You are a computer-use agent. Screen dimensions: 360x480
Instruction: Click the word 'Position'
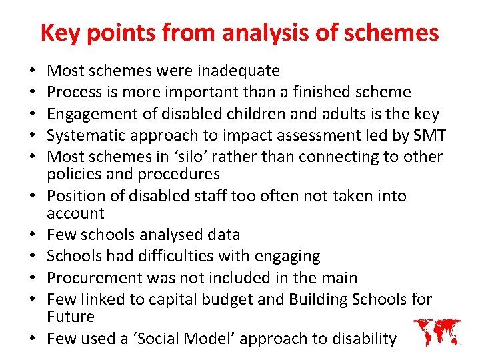click(75, 196)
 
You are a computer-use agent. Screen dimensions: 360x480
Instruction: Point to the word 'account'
click(75, 213)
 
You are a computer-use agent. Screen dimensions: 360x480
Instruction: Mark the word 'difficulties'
click(189, 256)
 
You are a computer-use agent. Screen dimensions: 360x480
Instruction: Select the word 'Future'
click(71, 317)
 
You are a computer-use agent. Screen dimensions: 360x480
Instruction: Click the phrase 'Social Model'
click(185, 339)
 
